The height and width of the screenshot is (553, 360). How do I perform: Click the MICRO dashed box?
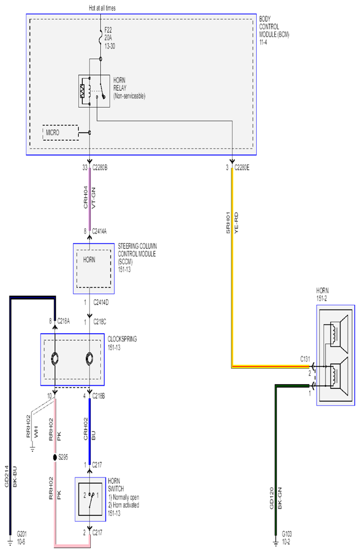61,133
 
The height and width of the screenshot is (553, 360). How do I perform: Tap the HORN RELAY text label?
129,88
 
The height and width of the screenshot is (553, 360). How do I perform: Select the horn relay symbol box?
94,91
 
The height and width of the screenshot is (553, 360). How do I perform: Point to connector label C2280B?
100,167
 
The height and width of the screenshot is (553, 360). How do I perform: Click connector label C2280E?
242,167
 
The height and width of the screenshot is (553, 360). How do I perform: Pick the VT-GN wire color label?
93,198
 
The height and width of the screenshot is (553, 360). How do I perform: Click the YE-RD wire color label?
236,222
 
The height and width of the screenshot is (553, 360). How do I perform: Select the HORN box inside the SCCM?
94,269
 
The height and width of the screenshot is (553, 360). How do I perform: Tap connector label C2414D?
101,302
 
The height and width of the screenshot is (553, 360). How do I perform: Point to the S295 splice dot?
55,458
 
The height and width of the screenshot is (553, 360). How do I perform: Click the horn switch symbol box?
90,499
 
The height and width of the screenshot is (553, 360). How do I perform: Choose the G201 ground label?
22,538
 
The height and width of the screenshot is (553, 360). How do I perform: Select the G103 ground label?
287,538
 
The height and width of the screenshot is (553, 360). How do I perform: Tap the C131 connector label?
305,359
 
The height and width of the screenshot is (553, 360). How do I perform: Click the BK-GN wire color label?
280,498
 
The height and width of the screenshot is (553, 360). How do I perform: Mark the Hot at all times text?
102,8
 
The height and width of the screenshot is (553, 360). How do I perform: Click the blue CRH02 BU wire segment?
90,431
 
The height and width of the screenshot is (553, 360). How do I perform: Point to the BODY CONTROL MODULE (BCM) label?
274,30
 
